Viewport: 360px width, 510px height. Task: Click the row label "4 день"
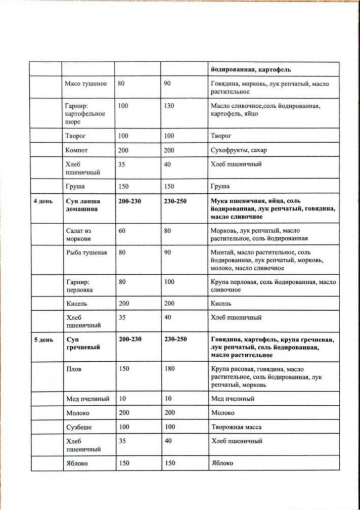click(43, 201)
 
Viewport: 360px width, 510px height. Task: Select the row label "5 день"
click(43, 339)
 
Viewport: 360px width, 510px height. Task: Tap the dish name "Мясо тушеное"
click(86, 83)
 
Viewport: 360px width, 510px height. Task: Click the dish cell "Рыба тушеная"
click(86, 252)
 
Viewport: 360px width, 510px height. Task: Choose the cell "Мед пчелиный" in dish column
click(87, 399)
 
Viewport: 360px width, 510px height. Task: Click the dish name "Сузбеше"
click(78, 427)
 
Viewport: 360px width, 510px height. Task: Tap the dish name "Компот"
click(77, 150)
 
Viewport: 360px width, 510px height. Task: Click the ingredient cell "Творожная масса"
click(236, 427)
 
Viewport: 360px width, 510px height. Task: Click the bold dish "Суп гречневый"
click(82, 344)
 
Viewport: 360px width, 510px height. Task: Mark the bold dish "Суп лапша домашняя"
click(83, 205)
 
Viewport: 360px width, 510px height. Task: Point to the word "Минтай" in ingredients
click(221, 252)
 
